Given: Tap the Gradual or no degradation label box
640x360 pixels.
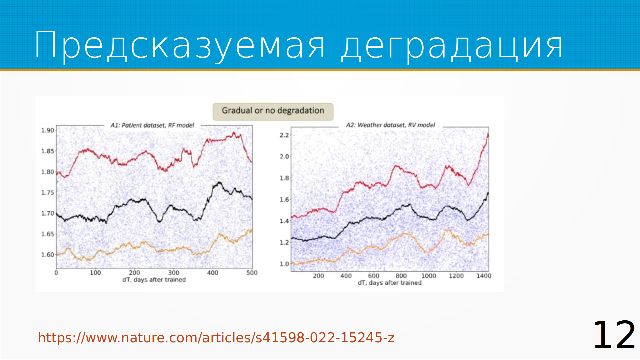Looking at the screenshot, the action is tap(273, 112).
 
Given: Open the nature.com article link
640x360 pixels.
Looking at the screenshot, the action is tap(216, 338).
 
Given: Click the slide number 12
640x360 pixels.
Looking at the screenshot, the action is tap(614, 335).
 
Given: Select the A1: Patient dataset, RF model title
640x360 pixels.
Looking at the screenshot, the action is tap(152, 125).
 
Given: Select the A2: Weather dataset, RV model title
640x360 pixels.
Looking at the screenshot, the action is tap(390, 125).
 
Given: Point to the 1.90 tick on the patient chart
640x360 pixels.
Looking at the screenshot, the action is tap(48, 130).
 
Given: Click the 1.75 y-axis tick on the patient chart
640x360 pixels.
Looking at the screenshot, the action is tap(48, 193).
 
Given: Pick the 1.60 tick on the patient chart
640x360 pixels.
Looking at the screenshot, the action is tap(48, 255).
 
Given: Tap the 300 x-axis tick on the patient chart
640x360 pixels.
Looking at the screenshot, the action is tap(174, 273).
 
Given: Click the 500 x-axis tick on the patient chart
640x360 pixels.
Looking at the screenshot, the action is tap(252, 273).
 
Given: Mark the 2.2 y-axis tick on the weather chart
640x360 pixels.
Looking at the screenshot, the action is tap(284, 135).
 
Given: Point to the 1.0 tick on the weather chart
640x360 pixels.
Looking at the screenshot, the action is tap(284, 264).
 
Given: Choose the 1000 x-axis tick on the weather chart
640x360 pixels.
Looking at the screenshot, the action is tap(429, 276).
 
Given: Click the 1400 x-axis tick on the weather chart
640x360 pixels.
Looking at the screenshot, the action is tap(484, 276).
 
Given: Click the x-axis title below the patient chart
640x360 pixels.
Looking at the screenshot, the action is tap(154, 280).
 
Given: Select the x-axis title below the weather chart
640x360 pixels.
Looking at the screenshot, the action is tap(390, 283).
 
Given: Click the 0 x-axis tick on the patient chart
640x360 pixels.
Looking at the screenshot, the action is tap(56, 273).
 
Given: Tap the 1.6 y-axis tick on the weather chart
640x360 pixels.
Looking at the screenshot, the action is tap(284, 200).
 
